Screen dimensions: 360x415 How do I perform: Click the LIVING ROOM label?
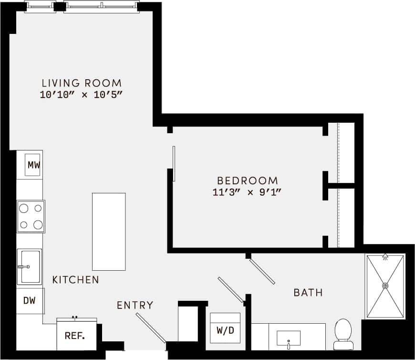[82, 83]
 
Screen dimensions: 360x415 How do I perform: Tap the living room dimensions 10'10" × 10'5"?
[82, 95]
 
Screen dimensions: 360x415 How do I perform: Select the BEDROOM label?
[247, 181]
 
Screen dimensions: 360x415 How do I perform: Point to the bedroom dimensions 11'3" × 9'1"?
[247, 193]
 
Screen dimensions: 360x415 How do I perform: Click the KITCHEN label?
[76, 280]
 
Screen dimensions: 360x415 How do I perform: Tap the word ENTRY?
[135, 305]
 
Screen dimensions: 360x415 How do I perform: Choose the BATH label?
[308, 292]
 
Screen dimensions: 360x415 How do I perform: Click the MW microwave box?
[33, 165]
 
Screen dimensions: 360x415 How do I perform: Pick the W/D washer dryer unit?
[225, 329]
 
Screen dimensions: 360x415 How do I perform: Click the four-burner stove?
[31, 216]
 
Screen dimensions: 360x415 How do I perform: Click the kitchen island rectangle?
[109, 232]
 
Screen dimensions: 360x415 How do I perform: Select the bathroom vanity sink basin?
[289, 338]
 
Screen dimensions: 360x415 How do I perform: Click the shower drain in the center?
[385, 286]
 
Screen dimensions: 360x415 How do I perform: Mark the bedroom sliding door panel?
[174, 163]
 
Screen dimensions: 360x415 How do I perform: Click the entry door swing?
[151, 328]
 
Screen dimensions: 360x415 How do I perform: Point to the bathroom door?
[262, 271]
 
